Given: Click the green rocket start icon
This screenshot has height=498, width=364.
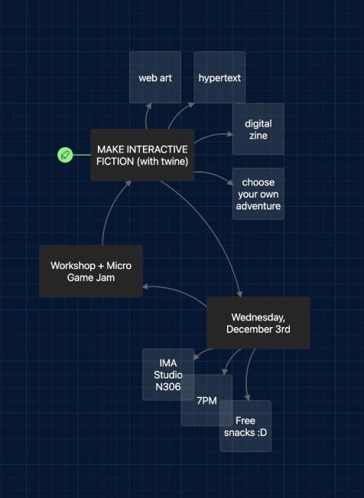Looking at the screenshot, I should coord(65,155).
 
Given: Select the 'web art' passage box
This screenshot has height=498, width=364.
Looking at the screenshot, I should coord(155,77).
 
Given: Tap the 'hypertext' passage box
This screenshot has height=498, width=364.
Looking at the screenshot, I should coord(219,77).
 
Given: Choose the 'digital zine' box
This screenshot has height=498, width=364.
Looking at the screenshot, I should coord(258,129).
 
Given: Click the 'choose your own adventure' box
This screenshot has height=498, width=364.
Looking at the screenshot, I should coord(258,194).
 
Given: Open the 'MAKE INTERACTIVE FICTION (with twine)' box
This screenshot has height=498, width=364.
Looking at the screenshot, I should coord(142,155).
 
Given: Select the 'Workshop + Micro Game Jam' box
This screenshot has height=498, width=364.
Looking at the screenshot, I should coord(90,271).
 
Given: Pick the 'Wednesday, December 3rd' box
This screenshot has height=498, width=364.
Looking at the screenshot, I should coord(258,323).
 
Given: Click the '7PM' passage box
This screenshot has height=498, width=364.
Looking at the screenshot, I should coord(206,400).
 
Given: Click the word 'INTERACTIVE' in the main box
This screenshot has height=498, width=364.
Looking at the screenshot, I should coord(154,149).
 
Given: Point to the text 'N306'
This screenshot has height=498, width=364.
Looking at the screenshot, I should coord(168,387).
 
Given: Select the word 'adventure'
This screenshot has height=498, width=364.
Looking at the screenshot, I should coord(258,205).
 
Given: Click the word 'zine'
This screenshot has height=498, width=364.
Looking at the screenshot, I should coord(258,135).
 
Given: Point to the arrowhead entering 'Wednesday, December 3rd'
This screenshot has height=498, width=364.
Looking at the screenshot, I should coord(239,293).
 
